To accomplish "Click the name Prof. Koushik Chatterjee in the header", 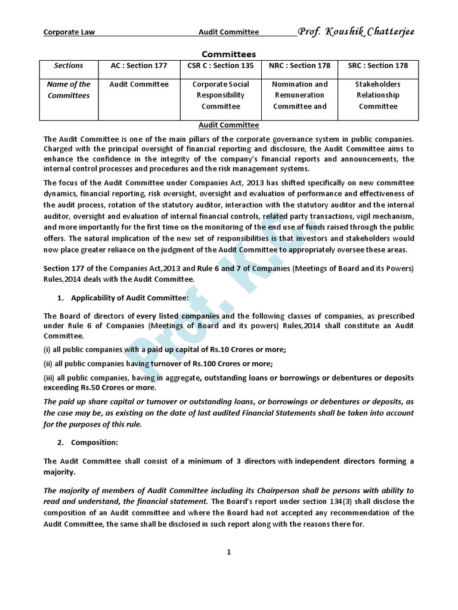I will coord(355,31).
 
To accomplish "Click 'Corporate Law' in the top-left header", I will coord(69,32).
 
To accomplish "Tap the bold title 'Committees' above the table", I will coord(228,54).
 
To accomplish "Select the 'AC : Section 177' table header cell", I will coord(139,66).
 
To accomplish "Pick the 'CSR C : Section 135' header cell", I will coord(221,66).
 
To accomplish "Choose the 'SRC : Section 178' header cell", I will coord(378,66).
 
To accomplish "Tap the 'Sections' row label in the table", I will coord(69,66).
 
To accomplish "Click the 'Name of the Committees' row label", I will coord(69,90).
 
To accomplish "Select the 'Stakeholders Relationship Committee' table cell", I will coord(378,95).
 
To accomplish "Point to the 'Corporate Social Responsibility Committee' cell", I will coord(221,95).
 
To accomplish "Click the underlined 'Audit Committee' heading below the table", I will coord(228,125).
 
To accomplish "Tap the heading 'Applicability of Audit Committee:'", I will coord(129,297).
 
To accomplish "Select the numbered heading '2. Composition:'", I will coord(94,442).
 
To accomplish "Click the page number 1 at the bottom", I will coord(228,552).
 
